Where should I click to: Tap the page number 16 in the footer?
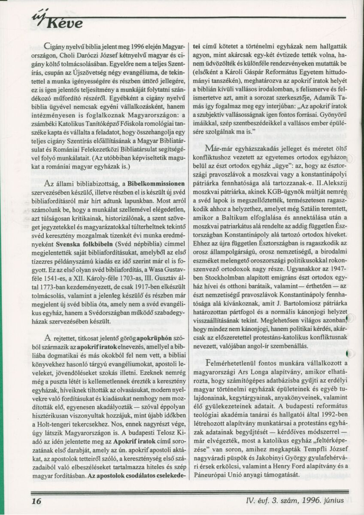[x=36, y=501]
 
